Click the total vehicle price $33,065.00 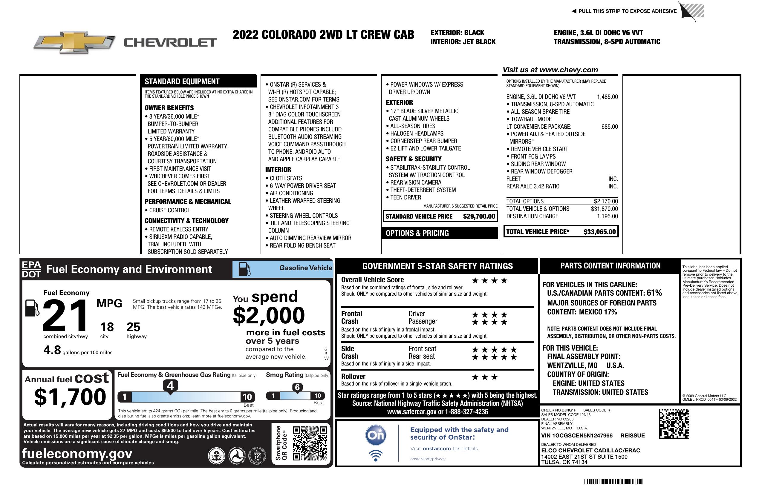click(599, 232)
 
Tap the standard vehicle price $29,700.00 click(479, 216)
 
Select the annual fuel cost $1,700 click(70, 397)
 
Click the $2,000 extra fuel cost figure click(269, 315)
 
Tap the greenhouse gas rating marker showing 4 click(170, 386)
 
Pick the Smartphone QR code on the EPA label click(310, 443)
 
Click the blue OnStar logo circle click(376, 435)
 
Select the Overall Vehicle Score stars click(489, 281)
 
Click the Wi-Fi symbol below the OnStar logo click(376, 455)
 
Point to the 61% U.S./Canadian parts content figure click(654, 293)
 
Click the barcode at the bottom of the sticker click(613, 481)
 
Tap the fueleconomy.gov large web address click(77, 453)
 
